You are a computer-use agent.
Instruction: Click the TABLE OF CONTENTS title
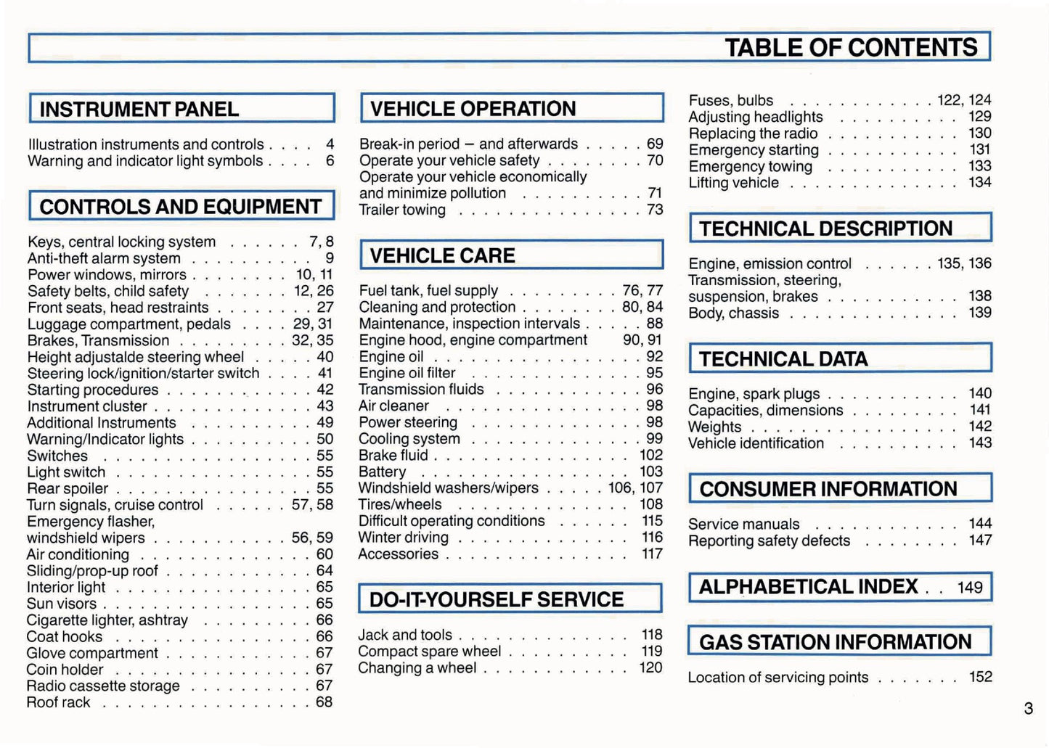[851, 48]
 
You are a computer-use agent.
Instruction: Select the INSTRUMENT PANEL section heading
[139, 110]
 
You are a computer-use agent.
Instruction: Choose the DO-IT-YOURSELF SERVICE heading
[496, 600]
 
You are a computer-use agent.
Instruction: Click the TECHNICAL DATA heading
[783, 359]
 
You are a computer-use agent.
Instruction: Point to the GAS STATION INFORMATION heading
[835, 643]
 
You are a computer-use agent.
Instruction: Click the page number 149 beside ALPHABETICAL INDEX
[970, 588]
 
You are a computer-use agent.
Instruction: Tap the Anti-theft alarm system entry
[104, 259]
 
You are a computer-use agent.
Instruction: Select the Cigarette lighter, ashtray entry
[107, 620]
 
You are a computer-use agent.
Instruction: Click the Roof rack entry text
[59, 703]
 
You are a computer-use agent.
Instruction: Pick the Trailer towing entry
[402, 210]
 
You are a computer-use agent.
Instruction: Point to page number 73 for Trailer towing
[655, 210]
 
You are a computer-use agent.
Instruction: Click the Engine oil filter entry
[407, 374]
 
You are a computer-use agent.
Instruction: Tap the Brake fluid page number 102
[651, 456]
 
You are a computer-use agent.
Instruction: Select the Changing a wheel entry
[417, 668]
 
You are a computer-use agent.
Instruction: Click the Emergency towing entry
[750, 167]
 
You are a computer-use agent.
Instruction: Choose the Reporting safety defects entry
[769, 541]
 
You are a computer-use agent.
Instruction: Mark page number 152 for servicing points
[980, 677]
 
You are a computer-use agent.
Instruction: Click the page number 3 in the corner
[1028, 709]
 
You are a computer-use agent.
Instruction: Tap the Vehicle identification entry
[756, 444]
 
